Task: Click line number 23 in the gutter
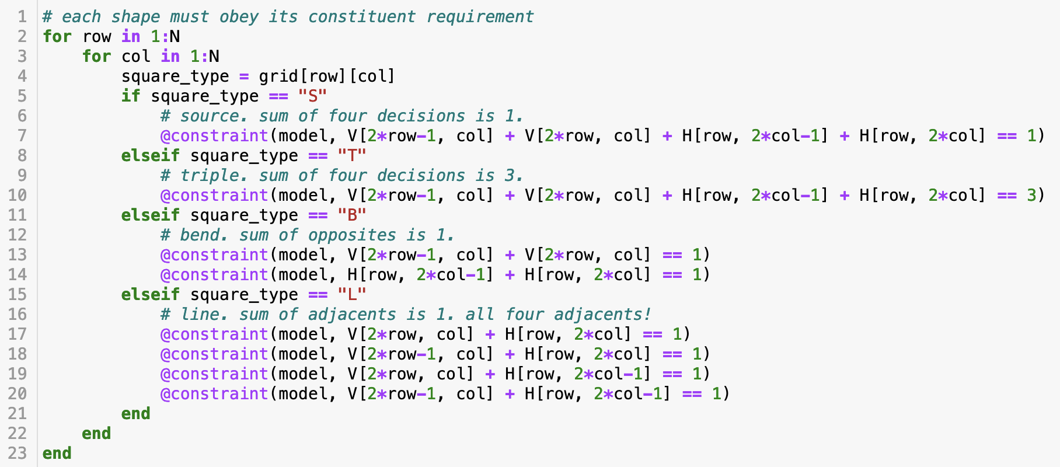click(x=18, y=453)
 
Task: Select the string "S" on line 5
click(x=313, y=96)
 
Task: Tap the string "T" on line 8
click(x=352, y=155)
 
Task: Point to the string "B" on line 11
click(x=352, y=215)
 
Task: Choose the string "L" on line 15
click(x=352, y=294)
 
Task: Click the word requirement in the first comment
click(x=480, y=17)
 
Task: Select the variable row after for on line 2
click(x=97, y=36)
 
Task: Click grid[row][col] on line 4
click(x=327, y=76)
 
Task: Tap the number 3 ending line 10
click(x=1032, y=195)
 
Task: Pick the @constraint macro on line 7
click(x=214, y=135)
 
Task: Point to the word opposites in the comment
click(x=352, y=235)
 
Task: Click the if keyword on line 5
click(x=131, y=96)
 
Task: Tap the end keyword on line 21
click(x=136, y=413)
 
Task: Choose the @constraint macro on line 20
click(x=214, y=393)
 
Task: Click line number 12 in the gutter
click(x=18, y=235)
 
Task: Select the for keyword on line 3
click(x=97, y=56)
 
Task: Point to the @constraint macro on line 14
click(x=214, y=274)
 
